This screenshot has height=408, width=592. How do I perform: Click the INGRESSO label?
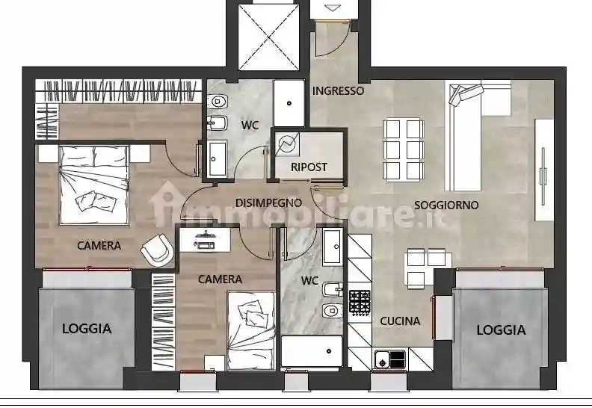(338, 91)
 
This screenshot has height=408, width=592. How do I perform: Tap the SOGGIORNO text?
(446, 205)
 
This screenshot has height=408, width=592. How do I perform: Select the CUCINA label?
(400, 321)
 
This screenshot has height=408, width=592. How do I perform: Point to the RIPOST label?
(309, 167)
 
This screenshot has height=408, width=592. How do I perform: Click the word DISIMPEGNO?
(268, 203)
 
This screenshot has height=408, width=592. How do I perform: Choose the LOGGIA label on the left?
(87, 327)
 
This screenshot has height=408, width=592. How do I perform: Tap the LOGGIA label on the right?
(501, 329)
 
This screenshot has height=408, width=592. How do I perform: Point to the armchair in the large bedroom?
(156, 249)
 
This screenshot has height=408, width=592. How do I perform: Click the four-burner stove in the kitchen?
(360, 302)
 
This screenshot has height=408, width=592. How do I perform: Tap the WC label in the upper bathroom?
(250, 126)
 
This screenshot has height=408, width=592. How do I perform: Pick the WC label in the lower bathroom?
(309, 281)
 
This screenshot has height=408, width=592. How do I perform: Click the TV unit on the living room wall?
(544, 172)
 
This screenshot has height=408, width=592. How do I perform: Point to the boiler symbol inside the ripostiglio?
(286, 143)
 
